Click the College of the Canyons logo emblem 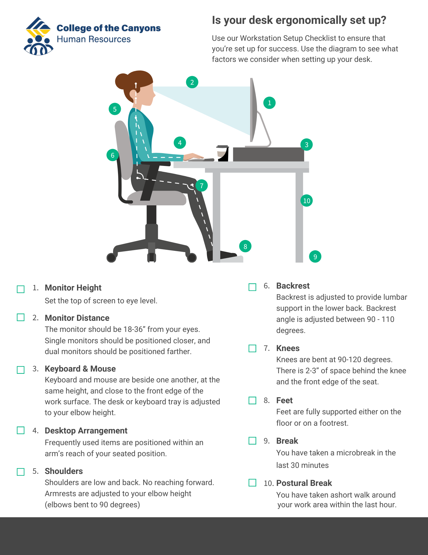38,36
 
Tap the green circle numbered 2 192,82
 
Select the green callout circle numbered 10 306,201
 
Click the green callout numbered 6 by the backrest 112,155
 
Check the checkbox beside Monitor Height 21,289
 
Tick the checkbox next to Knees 252,348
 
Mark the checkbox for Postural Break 252,483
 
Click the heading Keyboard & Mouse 80,369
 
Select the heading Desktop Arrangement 86,431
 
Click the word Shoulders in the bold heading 64,471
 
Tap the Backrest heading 293,286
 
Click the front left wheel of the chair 111,258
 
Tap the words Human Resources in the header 94,39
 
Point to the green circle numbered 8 245,246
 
